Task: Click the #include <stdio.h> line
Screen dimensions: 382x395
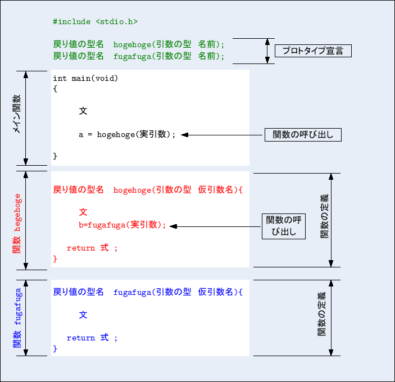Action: pyautogui.click(x=95, y=21)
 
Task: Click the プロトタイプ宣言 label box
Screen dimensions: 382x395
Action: pyautogui.click(x=312, y=51)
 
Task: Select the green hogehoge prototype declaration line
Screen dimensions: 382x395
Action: pyautogui.click(x=138, y=44)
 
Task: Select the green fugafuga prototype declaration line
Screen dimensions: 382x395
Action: pyautogui.click(x=138, y=56)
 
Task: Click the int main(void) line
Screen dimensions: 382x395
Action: pyautogui.click(x=85, y=78)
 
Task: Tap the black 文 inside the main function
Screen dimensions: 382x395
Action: pyautogui.click(x=83, y=111)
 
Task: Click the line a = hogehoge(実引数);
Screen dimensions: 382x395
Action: pyautogui.click(x=127, y=134)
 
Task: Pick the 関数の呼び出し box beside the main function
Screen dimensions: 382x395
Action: pyautogui.click(x=303, y=135)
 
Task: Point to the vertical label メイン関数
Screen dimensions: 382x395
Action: pyautogui.click(x=17, y=113)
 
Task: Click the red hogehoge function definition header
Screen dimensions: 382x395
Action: pyautogui.click(x=148, y=190)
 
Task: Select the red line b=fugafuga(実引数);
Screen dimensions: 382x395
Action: pyautogui.click(x=123, y=225)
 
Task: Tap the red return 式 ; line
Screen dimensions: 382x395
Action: pyautogui.click(x=92, y=248)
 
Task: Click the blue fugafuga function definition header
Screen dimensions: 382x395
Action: pyautogui.click(x=148, y=292)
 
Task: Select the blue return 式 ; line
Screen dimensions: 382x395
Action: pyautogui.click(x=92, y=338)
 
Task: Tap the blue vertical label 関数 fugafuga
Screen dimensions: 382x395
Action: pyautogui.click(x=17, y=318)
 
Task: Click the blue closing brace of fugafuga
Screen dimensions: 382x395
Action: pyautogui.click(x=55, y=349)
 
